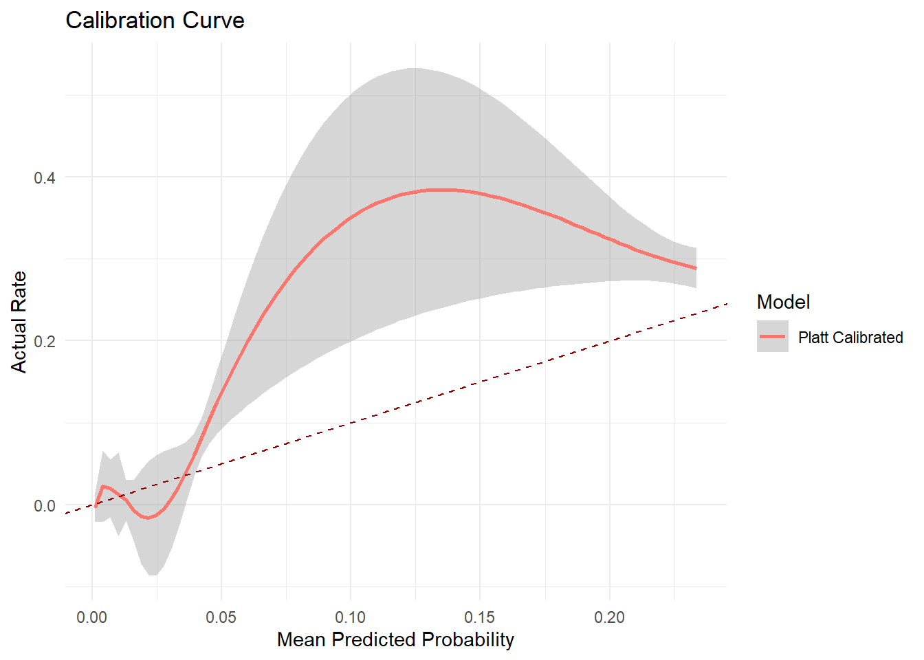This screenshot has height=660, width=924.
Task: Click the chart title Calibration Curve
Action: (x=155, y=21)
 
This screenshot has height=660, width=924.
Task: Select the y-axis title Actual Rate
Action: (x=19, y=322)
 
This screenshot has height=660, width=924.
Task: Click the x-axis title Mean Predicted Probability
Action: (x=395, y=639)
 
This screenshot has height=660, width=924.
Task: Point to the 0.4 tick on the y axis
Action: (x=45, y=177)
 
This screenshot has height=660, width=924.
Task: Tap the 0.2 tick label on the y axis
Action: (x=45, y=341)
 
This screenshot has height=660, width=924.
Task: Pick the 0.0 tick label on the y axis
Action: (x=45, y=505)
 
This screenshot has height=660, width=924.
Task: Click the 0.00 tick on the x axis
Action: (x=92, y=617)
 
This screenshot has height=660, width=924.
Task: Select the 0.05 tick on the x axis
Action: (x=221, y=617)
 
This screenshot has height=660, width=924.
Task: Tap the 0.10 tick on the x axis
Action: (x=351, y=617)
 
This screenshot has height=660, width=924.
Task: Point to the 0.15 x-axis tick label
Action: (x=480, y=617)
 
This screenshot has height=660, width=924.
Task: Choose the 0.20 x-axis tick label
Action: (x=609, y=617)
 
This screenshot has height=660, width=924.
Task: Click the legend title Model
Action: (x=783, y=302)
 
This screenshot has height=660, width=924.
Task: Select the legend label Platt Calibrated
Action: (x=850, y=338)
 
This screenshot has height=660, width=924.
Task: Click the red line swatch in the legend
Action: (x=773, y=336)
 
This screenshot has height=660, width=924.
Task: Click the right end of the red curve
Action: (x=696, y=268)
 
